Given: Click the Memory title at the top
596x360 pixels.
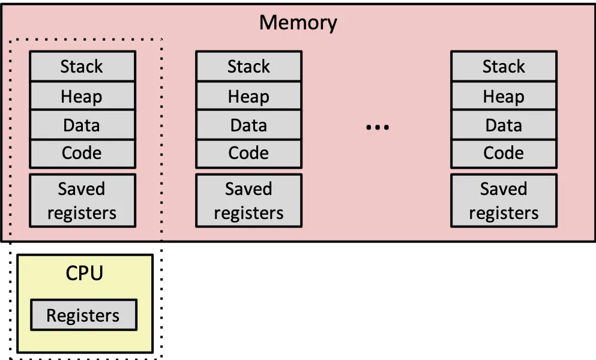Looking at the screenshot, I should (x=298, y=23).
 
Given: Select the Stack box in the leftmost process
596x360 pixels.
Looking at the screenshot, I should (x=82, y=66).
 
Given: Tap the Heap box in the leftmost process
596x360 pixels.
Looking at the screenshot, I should (x=82, y=96).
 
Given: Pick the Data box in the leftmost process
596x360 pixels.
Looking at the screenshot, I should (x=82, y=125).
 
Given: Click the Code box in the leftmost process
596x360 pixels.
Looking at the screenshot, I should (x=82, y=154).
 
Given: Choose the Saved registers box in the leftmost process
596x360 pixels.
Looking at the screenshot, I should (x=82, y=200).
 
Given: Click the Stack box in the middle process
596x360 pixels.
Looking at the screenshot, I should (x=248, y=66).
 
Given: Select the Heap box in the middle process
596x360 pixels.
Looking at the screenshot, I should (x=248, y=96).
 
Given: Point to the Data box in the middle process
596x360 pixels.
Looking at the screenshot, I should (x=248, y=125).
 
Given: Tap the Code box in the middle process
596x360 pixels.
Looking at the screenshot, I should (x=248, y=154).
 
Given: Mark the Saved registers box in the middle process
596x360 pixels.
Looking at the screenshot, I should (x=248, y=200).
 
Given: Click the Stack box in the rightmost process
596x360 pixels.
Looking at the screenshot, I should (x=504, y=66).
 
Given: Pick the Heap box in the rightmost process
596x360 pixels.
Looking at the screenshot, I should (x=504, y=96).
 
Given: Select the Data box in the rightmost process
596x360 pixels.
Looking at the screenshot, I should (x=504, y=125).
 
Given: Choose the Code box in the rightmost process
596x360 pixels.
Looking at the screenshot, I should (x=504, y=154).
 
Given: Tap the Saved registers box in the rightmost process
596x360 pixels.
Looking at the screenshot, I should (x=504, y=200).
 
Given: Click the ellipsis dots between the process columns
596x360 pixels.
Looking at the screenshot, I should (x=378, y=127).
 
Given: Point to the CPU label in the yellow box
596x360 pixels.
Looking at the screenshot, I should (x=84, y=273).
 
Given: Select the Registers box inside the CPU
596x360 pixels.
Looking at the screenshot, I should (x=83, y=315).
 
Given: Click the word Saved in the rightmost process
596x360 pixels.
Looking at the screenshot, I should (x=504, y=189).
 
